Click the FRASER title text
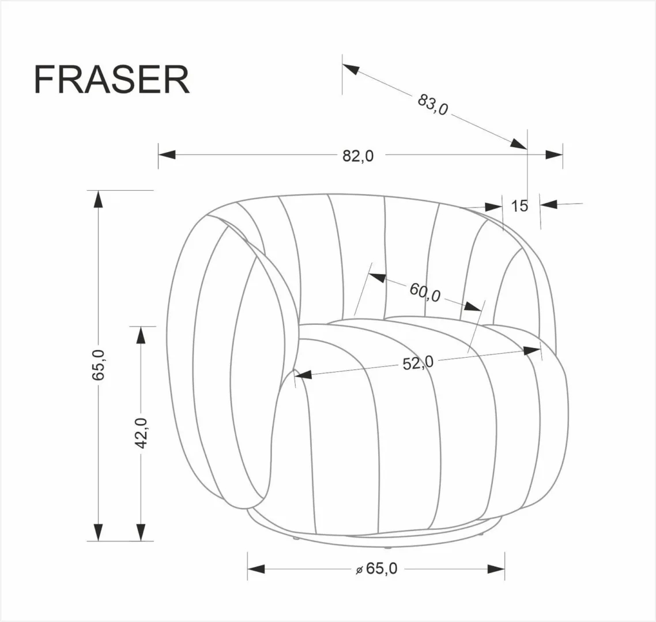tap(112, 79)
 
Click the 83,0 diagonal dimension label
tap(433, 105)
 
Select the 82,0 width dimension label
tap(358, 155)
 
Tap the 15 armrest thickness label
tap(519, 206)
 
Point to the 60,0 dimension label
tap(425, 292)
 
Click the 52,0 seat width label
tap(418, 363)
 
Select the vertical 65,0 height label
tap(99, 365)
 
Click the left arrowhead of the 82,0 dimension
tap(167, 155)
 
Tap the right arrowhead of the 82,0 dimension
tap(554, 155)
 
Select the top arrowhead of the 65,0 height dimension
tap(99, 199)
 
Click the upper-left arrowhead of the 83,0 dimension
tap(351, 69)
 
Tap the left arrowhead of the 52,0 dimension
tap(303, 374)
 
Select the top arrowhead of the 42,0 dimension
tap(141, 336)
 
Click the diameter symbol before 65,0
tap(359, 570)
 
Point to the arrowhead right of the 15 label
tap(549, 204)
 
